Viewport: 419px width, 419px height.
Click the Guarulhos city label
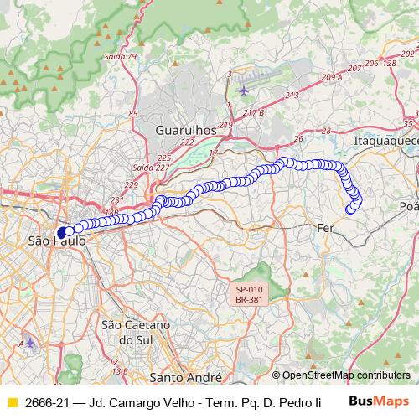pyautogui.click(x=185, y=131)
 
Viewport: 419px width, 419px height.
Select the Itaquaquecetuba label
pyautogui.click(x=386, y=142)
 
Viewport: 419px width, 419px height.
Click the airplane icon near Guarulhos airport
pyautogui.click(x=244, y=90)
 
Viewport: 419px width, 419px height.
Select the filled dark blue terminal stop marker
pyautogui.click(x=62, y=232)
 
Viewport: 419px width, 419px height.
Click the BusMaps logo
pyautogui.click(x=379, y=402)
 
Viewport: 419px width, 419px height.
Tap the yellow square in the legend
pyautogui.click(x=12, y=403)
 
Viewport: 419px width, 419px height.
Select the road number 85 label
pyautogui.click(x=133, y=113)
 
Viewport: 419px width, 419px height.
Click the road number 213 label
pyautogui.click(x=292, y=96)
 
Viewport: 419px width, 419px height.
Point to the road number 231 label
pyautogui.click(x=116, y=199)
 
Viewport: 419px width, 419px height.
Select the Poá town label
pyautogui.click(x=409, y=206)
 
